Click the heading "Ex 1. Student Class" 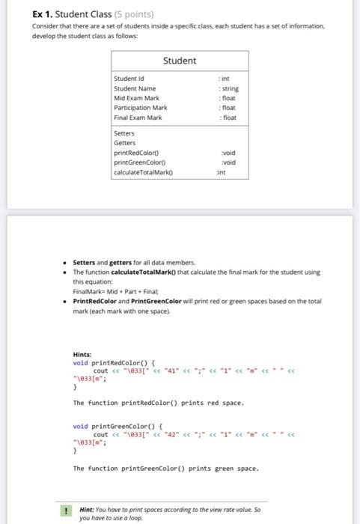tap(63, 14)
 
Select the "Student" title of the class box tap(179, 61)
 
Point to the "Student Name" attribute tap(134, 88)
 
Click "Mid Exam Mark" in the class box tap(135, 98)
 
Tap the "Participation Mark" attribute tap(140, 108)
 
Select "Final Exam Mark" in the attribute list tap(137, 118)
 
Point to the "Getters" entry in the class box tap(124, 143)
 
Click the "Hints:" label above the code tap(82, 354)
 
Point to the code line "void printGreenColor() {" tap(112, 426)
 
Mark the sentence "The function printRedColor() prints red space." tap(156, 403)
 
